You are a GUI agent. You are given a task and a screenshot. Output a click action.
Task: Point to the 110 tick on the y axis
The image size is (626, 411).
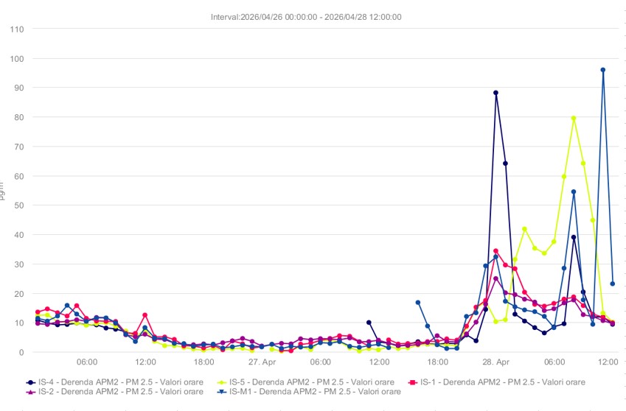click(x=17, y=29)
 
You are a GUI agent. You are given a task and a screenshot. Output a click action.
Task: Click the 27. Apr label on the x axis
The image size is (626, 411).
click(x=262, y=362)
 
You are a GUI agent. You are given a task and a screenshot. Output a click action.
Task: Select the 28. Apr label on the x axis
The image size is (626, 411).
click(x=496, y=362)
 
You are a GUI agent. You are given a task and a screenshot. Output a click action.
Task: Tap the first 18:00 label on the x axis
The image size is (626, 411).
click(x=204, y=362)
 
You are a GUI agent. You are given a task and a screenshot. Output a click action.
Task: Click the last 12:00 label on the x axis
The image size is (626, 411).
click(x=608, y=362)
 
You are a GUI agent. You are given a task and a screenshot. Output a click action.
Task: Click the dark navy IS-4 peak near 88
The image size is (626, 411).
click(x=495, y=93)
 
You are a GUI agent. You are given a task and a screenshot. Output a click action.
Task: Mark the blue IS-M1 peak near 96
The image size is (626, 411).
click(x=602, y=70)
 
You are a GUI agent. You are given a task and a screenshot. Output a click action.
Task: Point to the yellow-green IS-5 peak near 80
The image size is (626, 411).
click(x=573, y=118)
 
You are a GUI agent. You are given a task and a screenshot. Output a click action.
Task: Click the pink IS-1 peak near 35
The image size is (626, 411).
click(x=495, y=250)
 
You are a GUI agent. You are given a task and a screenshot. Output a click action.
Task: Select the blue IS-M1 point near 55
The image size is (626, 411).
click(x=573, y=192)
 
